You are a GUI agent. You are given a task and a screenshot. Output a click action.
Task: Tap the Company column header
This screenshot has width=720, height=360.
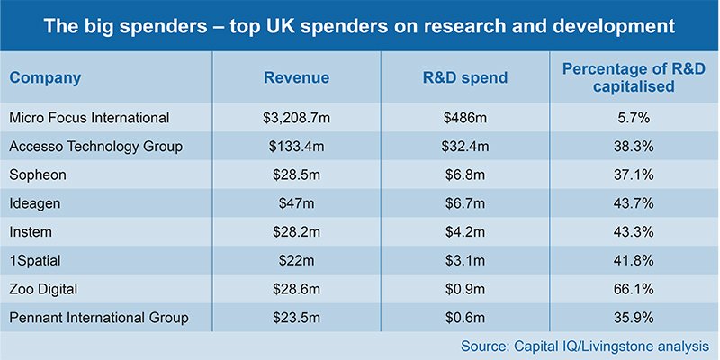click(45, 77)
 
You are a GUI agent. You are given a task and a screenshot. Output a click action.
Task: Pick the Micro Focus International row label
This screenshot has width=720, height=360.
click(88, 118)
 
